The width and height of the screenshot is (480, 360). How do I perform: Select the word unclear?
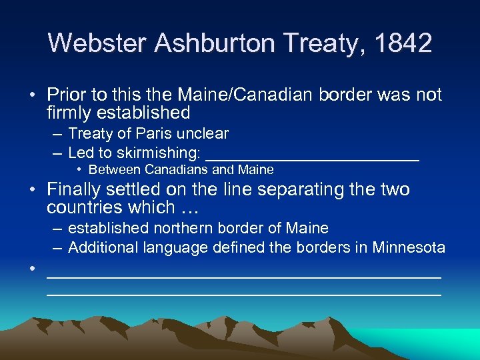(206, 134)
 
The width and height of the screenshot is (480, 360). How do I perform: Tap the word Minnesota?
(409, 248)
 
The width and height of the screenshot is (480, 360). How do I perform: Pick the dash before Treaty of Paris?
(57, 134)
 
